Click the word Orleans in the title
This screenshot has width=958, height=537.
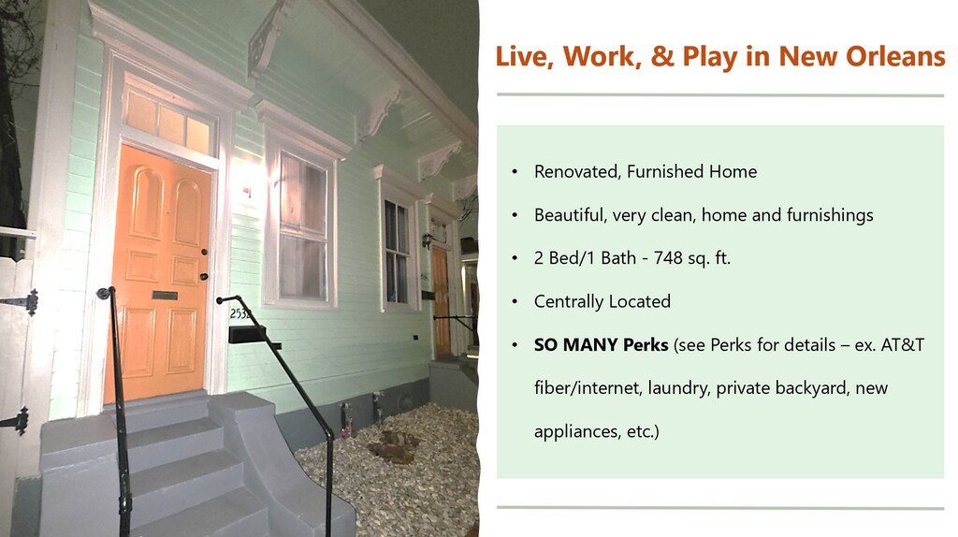point(895,56)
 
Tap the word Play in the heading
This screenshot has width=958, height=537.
point(711,57)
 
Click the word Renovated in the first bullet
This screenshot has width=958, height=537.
point(577,171)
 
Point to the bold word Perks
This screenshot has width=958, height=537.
point(646,344)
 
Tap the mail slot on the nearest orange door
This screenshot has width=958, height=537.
point(165,296)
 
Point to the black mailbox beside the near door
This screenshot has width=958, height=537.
point(246,334)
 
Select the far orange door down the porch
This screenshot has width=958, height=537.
point(442,301)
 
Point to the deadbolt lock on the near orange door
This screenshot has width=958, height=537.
point(204,253)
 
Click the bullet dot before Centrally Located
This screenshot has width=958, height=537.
point(515,302)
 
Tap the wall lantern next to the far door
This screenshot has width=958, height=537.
point(427,240)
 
